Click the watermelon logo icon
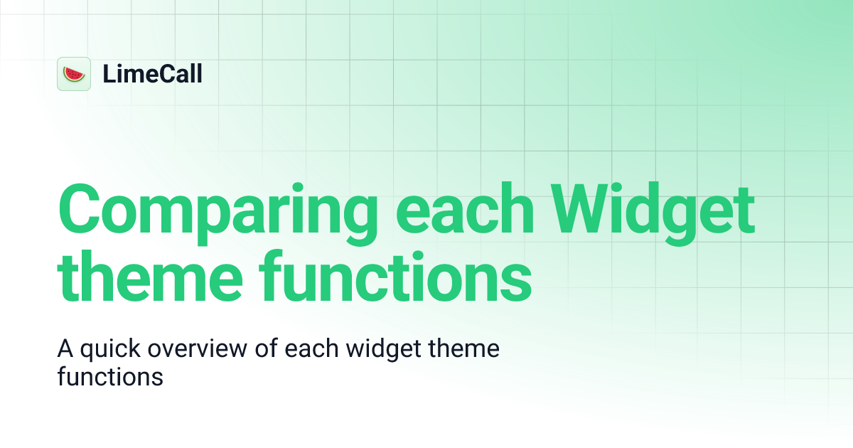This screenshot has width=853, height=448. click(74, 74)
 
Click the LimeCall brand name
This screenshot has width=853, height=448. click(152, 74)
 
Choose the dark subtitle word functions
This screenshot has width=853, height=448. click(110, 375)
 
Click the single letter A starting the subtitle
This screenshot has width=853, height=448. click(65, 350)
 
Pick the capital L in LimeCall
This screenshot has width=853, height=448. click(109, 74)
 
